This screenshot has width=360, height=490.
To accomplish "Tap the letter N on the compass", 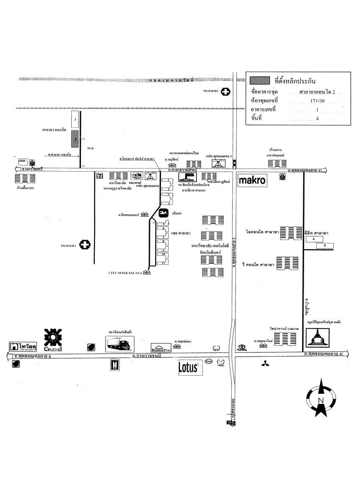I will coord(321,401).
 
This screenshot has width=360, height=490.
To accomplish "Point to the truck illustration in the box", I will coord(120,344).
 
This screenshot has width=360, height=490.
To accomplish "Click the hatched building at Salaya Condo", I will coord(74,138).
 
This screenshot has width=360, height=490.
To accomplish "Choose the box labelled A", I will coord(314,239).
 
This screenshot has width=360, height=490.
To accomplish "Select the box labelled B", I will coord(325,246).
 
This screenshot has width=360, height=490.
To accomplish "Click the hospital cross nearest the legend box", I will coord(227,91).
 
